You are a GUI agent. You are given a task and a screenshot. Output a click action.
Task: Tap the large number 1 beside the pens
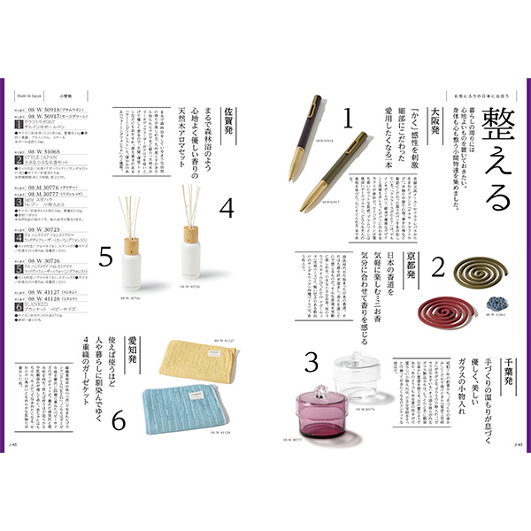click(347, 118)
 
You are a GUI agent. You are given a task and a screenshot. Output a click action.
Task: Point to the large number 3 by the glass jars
click(311, 361)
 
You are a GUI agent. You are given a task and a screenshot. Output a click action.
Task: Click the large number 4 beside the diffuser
click(226, 209)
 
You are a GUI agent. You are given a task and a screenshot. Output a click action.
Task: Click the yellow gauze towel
click(191, 357)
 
